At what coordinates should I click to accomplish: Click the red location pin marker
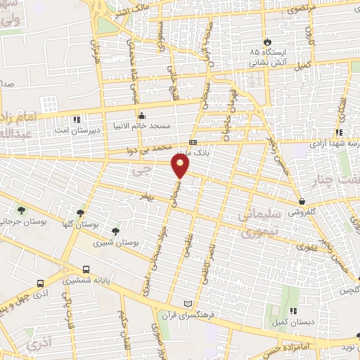pos(181,166)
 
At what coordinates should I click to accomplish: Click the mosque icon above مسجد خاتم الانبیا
pos(141,116)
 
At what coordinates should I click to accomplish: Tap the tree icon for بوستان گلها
pos(81,213)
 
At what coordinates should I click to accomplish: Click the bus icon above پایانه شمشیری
pos(86,269)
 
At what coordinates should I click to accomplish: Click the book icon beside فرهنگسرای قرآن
pos(187,304)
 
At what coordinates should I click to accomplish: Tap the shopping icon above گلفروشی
pos(302,201)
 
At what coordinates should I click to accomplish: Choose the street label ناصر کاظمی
pos(209,269)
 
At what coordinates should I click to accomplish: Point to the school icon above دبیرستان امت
pos(76,119)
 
